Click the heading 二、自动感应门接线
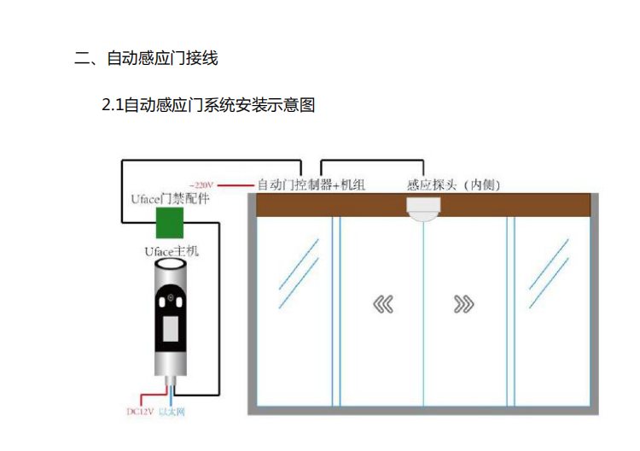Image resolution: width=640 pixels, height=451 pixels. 146,58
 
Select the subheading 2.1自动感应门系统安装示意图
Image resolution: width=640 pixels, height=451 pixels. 208,106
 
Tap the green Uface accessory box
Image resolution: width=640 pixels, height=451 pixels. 170,222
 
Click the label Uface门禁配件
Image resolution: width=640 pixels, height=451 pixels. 170,199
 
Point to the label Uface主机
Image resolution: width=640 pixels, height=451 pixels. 171,252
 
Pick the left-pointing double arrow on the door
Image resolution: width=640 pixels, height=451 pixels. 381,304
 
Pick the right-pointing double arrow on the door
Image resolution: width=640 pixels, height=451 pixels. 463,304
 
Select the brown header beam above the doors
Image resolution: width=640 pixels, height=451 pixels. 422,205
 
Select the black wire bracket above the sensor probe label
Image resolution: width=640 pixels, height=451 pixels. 371,160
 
